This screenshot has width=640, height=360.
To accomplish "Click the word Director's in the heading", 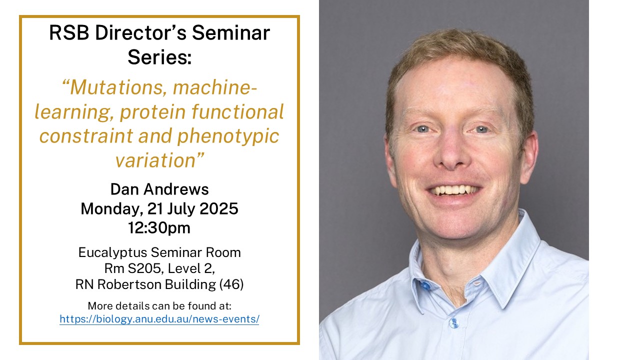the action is click(140, 33).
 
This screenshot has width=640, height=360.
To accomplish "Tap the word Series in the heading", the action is click(159, 57).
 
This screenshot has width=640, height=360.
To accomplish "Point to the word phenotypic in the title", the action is click(228, 136).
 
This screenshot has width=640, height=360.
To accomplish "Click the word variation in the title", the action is click(155, 160).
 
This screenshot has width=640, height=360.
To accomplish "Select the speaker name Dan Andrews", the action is click(159, 189).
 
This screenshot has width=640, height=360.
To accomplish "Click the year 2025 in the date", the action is click(219, 208).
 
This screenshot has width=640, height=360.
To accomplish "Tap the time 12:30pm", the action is click(159, 228).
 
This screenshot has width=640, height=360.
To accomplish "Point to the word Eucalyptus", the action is click(112, 253).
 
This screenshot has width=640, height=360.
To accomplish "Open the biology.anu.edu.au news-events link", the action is click(159, 319).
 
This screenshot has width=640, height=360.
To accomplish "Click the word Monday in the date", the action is click(112, 209).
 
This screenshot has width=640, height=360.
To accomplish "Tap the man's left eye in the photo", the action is click(481, 129).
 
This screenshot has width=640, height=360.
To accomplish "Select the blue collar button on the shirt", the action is click(425, 285).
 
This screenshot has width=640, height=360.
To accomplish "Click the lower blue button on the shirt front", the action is click(453, 323).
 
